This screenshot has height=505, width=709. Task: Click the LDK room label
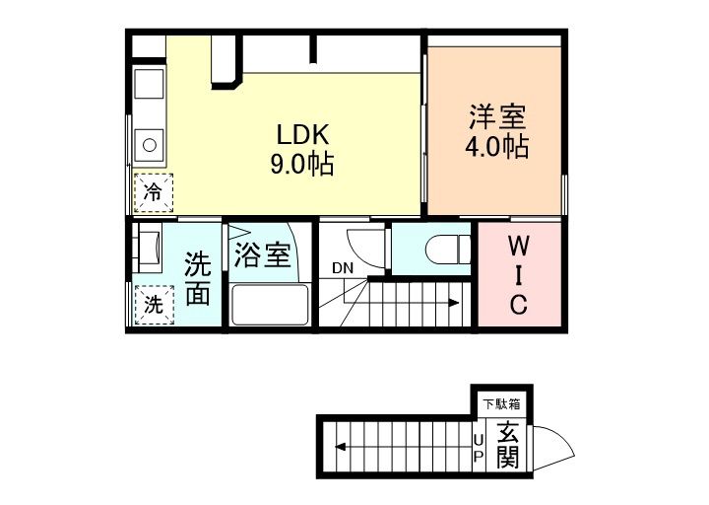(302, 134)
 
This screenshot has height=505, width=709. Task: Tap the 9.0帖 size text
(302, 163)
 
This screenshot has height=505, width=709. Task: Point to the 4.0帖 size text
(497, 148)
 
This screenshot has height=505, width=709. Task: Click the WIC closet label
(518, 275)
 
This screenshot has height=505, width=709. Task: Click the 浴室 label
(263, 255)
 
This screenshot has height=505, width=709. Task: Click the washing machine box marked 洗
(153, 304)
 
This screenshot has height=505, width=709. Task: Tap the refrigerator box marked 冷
(153, 191)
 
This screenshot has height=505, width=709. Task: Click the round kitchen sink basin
(151, 144)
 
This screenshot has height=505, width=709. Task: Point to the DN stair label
(342, 267)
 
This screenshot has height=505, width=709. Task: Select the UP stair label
(480, 448)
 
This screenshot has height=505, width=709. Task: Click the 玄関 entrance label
(507, 445)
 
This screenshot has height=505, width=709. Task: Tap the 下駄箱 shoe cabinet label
(501, 402)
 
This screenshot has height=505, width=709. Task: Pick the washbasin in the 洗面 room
(149, 249)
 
